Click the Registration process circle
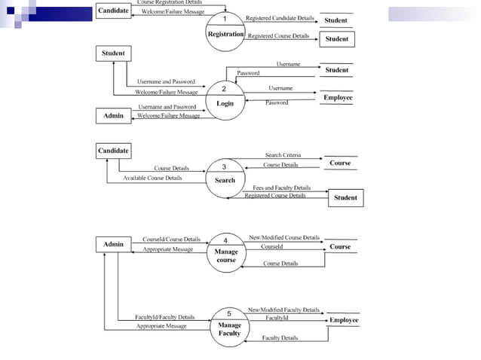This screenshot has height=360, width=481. (x=225, y=29)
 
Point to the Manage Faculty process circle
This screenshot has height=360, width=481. (x=229, y=325)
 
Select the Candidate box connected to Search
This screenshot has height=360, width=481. (x=113, y=151)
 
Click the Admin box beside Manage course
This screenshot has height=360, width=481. (x=113, y=244)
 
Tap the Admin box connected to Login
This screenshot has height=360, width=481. (x=113, y=116)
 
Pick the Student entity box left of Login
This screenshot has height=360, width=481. (x=113, y=53)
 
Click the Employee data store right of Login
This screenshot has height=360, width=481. (x=338, y=98)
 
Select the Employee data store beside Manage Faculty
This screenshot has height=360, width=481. (x=344, y=320)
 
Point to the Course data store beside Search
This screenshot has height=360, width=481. (x=339, y=163)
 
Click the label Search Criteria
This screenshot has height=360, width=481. (x=283, y=155)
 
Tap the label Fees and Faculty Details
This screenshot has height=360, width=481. (x=281, y=188)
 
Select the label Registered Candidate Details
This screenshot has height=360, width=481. (x=280, y=17)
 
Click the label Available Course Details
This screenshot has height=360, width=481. (x=152, y=178)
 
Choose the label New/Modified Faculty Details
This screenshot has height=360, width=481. (x=283, y=310)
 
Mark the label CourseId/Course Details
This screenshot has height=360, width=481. (x=171, y=239)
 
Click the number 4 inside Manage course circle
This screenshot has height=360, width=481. (x=226, y=240)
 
